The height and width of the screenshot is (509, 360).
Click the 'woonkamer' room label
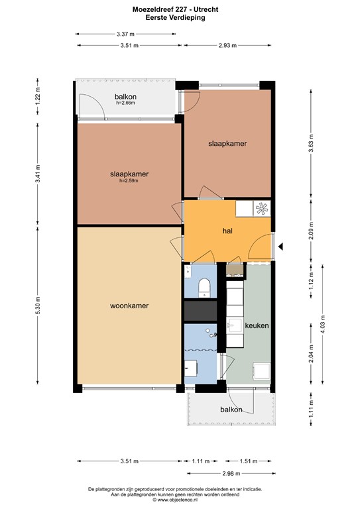129,306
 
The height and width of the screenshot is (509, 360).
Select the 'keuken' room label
256,326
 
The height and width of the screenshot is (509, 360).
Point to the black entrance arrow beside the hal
281,247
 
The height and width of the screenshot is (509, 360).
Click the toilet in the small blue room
205,286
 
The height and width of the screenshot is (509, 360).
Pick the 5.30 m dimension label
38,306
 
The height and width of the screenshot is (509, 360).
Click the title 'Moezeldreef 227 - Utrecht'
180,10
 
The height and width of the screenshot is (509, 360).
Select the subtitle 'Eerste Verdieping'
180,19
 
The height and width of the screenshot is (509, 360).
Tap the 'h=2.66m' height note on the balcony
125,103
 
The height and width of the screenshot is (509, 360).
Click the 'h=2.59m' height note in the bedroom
129,181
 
